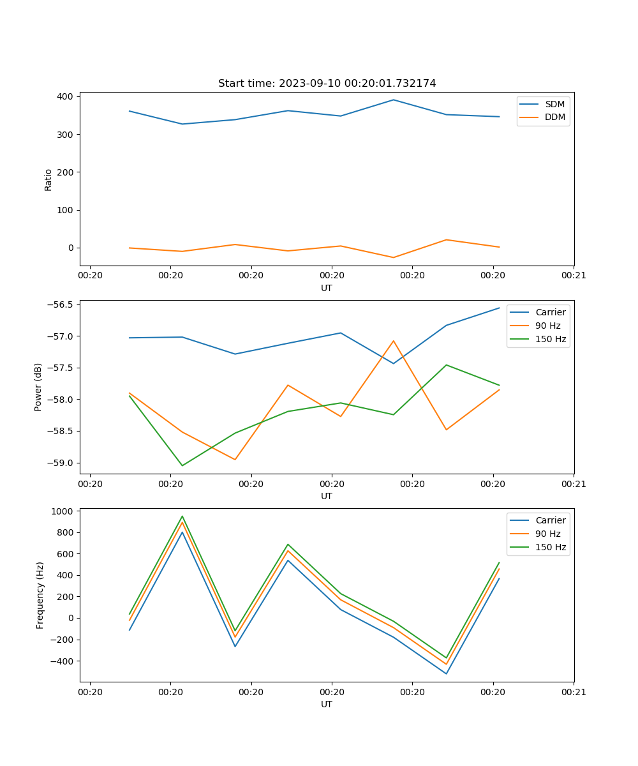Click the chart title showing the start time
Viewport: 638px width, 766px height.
tap(327, 84)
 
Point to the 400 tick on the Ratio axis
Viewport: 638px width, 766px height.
tap(66, 96)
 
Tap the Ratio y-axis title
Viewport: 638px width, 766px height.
tap(48, 179)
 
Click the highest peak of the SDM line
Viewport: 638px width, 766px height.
tap(394, 100)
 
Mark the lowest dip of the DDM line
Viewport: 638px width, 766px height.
tap(393, 257)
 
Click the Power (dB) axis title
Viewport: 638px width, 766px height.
tap(38, 387)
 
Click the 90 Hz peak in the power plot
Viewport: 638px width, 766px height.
tap(394, 341)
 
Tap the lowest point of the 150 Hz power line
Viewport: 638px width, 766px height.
tap(182, 465)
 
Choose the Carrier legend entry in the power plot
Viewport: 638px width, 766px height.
tap(550, 312)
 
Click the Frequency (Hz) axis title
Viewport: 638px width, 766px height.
tap(40, 595)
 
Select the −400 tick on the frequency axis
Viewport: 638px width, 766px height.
tap(63, 661)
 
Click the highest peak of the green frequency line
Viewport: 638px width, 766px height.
tap(182, 516)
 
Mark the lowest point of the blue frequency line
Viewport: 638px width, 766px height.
tap(446, 673)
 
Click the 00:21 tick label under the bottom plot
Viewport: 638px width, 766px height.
tap(573, 691)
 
